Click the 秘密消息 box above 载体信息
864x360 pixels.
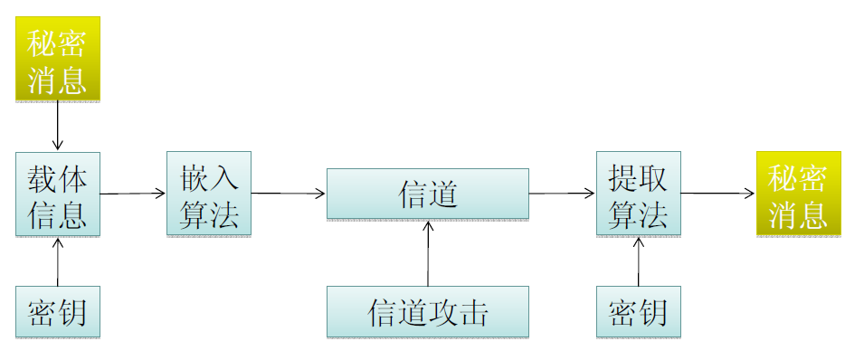point(58,58)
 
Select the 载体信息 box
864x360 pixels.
point(58,194)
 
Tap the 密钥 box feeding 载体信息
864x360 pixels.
point(58,312)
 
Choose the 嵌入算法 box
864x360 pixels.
point(209,194)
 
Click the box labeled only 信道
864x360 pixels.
point(428,194)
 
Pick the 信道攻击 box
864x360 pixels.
point(428,312)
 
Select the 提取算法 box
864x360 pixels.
point(638,194)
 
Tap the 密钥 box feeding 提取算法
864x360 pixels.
point(638,312)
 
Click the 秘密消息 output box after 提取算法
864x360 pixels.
point(799,194)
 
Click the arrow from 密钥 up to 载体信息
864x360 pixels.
point(58,262)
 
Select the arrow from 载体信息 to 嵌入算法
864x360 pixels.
point(133,193)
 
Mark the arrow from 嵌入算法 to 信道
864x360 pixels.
point(289,193)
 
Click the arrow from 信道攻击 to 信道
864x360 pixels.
point(428,252)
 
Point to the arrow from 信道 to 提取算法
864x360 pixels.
point(562,193)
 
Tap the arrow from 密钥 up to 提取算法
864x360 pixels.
point(638,262)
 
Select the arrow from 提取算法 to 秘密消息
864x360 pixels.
point(718,193)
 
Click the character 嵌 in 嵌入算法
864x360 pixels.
point(194,178)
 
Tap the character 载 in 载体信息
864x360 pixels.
point(43,178)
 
